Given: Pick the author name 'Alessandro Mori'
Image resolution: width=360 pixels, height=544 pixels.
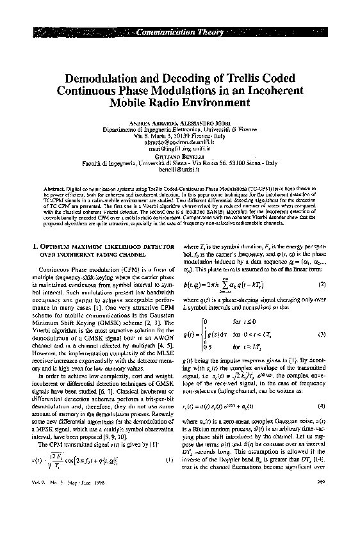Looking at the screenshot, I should click(x=202, y=124).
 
